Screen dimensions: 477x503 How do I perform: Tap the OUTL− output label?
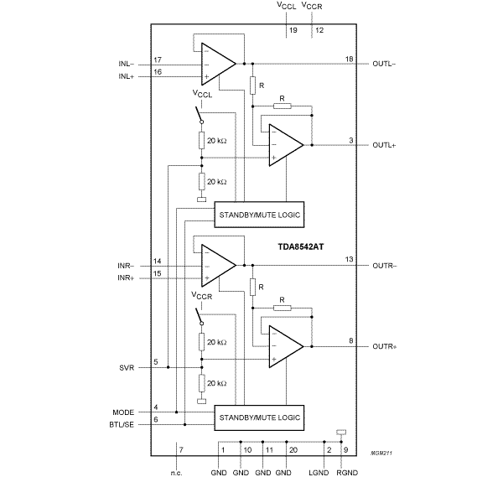(385, 64)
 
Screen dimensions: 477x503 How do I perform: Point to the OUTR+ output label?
(385, 345)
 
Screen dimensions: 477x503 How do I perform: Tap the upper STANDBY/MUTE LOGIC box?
(259, 215)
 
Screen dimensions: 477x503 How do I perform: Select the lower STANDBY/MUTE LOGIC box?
(259, 417)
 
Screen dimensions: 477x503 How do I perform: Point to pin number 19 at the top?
(293, 29)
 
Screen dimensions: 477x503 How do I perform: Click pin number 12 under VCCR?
(319, 29)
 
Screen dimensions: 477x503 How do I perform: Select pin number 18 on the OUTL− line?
(349, 58)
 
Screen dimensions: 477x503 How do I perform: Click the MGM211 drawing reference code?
(382, 453)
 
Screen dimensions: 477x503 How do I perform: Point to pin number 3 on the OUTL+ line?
(349, 139)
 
